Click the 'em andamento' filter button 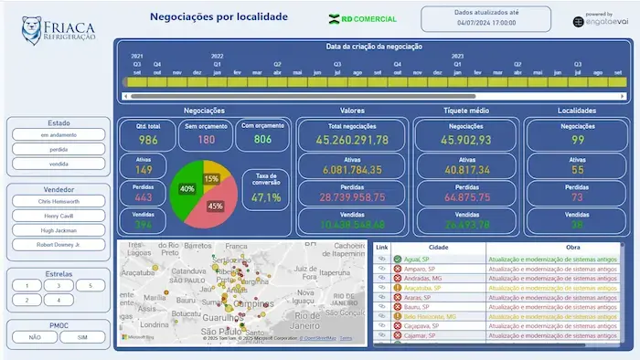click(59, 135)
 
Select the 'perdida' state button click(59, 149)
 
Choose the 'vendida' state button click(59, 164)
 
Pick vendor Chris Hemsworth click(59, 201)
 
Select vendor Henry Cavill click(59, 216)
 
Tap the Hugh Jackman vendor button click(59, 230)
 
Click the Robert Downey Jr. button click(59, 245)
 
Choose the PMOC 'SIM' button click(83, 337)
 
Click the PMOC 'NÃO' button click(35, 337)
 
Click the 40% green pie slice click(187, 190)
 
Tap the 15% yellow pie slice click(212, 178)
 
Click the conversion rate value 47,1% click(266, 197)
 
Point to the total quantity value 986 click(148, 140)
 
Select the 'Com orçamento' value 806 click(262, 140)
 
